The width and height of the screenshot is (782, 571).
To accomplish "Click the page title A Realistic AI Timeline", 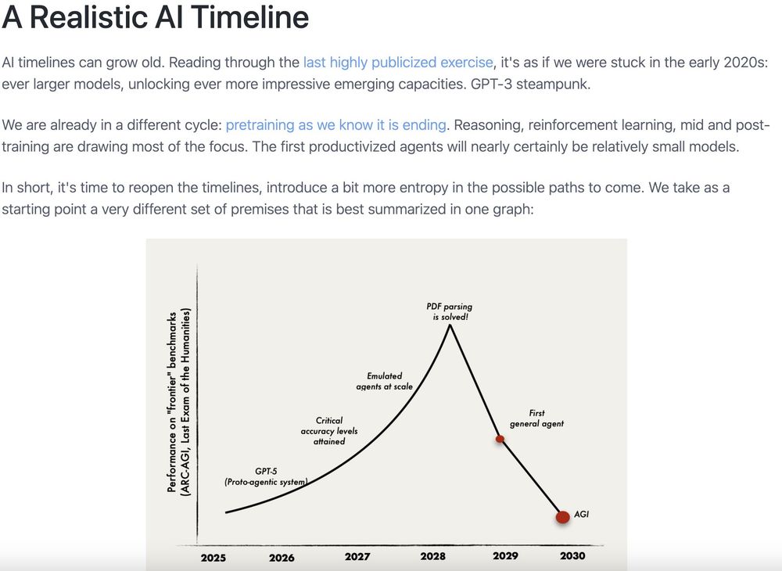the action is pyautogui.click(x=156, y=17).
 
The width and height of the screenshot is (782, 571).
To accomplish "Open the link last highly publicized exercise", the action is pyautogui.click(x=398, y=63).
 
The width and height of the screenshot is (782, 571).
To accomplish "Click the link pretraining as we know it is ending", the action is pyautogui.click(x=335, y=124).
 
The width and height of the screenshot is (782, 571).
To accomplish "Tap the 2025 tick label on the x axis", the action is pyautogui.click(x=213, y=558).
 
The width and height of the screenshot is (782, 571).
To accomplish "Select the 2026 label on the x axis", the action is pyautogui.click(x=282, y=558).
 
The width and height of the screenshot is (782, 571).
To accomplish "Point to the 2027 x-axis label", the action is pyautogui.click(x=357, y=556).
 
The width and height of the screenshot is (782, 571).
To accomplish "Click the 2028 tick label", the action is pyautogui.click(x=433, y=555).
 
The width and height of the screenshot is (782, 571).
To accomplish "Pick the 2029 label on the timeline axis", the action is pyautogui.click(x=505, y=555).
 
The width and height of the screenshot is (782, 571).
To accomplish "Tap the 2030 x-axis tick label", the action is pyautogui.click(x=572, y=555).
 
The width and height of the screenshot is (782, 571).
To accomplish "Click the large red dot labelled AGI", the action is pyautogui.click(x=562, y=517).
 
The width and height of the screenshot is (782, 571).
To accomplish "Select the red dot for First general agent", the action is pyautogui.click(x=500, y=439).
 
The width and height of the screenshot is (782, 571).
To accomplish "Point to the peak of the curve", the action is pyautogui.click(x=450, y=325).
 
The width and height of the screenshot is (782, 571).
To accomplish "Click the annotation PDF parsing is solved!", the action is pyautogui.click(x=450, y=311).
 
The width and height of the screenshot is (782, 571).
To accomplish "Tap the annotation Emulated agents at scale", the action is pyautogui.click(x=385, y=381).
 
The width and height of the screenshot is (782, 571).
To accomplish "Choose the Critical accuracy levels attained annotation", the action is pyautogui.click(x=329, y=431).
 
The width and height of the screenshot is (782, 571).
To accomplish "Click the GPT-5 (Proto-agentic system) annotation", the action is pyautogui.click(x=266, y=476).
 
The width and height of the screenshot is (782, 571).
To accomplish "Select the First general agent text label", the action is pyautogui.click(x=536, y=418).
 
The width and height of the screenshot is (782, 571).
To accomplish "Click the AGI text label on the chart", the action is pyautogui.click(x=582, y=514).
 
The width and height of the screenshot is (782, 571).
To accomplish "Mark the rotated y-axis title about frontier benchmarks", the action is pyautogui.click(x=178, y=402).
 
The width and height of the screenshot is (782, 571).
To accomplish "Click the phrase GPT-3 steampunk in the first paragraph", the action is pyautogui.click(x=530, y=84).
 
